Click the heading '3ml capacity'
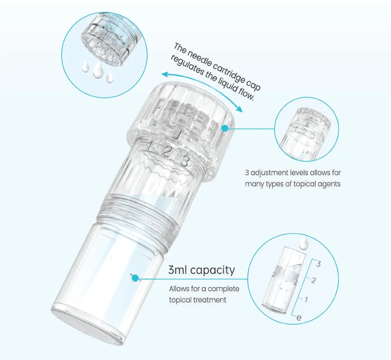click(x=201, y=270)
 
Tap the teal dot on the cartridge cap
click(x=225, y=128)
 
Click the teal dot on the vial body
click(x=135, y=278)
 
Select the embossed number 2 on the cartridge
click(x=167, y=151)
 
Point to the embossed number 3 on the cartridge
click(x=184, y=161)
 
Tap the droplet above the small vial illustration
click(x=304, y=243)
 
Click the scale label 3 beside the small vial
click(x=318, y=264)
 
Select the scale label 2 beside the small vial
click(x=313, y=280)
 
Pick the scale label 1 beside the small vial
click(x=306, y=299)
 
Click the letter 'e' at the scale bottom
click(x=299, y=317)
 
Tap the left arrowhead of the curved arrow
click(x=164, y=74)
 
